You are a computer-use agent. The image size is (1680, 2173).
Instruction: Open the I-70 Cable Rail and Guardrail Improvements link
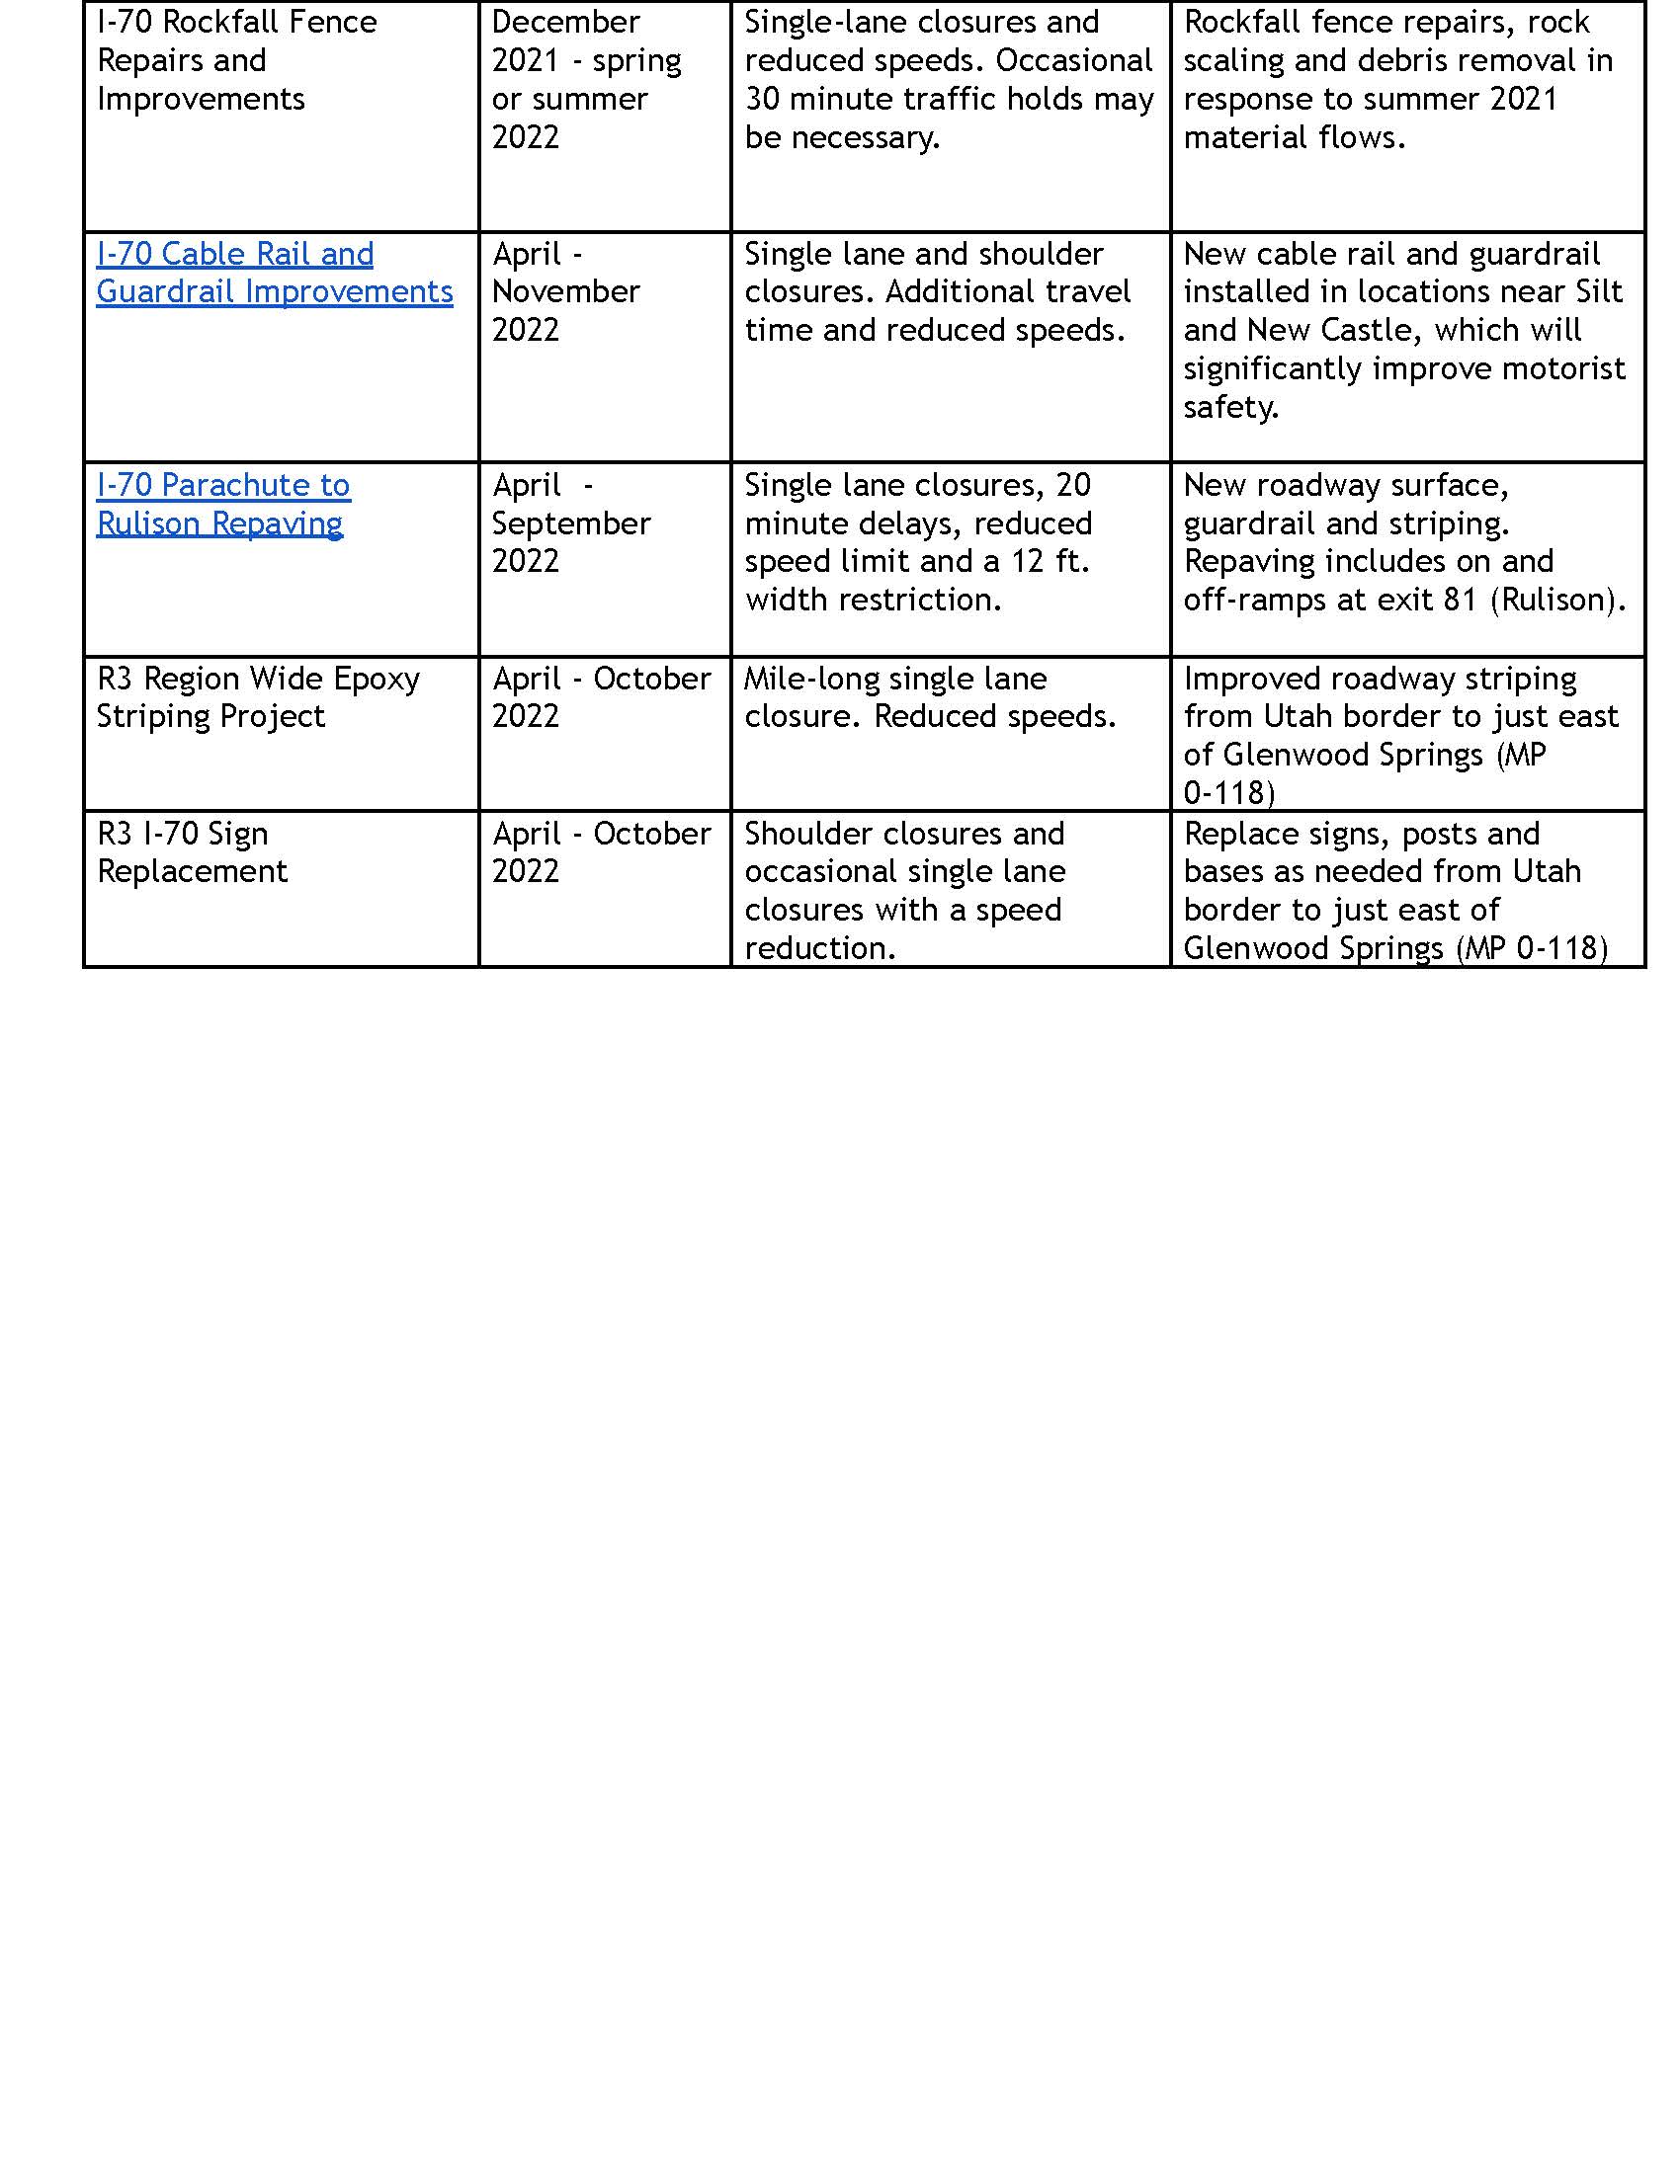tap(274, 273)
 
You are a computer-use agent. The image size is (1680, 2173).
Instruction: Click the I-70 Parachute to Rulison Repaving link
tap(223, 505)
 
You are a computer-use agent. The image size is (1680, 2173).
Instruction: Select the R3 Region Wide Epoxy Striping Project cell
tap(258, 697)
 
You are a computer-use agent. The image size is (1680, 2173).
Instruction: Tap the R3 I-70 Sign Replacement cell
tap(192, 852)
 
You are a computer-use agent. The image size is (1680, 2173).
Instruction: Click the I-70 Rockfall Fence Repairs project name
tap(236, 60)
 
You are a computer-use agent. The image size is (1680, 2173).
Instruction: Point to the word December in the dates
tap(565, 22)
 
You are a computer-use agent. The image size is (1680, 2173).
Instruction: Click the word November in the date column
tap(565, 291)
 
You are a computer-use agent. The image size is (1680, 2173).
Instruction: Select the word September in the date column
tap(570, 523)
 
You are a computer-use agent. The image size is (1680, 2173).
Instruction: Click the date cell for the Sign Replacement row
tap(601, 852)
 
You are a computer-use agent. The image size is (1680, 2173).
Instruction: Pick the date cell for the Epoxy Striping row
tap(601, 697)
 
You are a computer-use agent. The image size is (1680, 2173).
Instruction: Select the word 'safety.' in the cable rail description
tap(1230, 407)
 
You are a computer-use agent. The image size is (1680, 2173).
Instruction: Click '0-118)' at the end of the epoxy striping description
tap(1229, 793)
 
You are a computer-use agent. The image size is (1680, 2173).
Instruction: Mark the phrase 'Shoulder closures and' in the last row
tap(903, 834)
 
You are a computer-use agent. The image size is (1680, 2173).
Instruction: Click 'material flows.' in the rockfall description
tap(1294, 137)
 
